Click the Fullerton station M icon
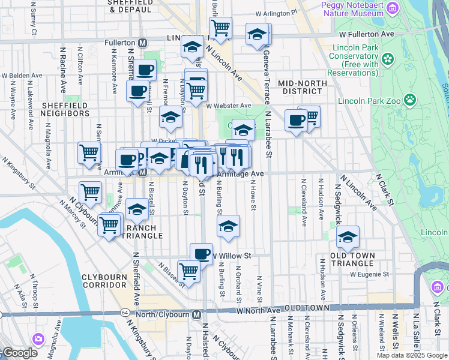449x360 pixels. [x=143, y=43]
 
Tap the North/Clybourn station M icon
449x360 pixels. [x=196, y=314]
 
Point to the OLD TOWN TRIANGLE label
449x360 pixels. [x=353, y=259]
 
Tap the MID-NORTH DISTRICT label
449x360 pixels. [x=303, y=87]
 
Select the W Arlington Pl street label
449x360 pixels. [x=276, y=12]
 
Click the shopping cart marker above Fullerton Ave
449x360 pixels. [x=220, y=28]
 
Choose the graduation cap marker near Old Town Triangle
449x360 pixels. [x=348, y=237]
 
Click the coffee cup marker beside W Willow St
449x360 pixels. [x=201, y=254]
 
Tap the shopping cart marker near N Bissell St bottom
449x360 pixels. [x=188, y=271]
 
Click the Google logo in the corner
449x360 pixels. [x=20, y=353]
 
